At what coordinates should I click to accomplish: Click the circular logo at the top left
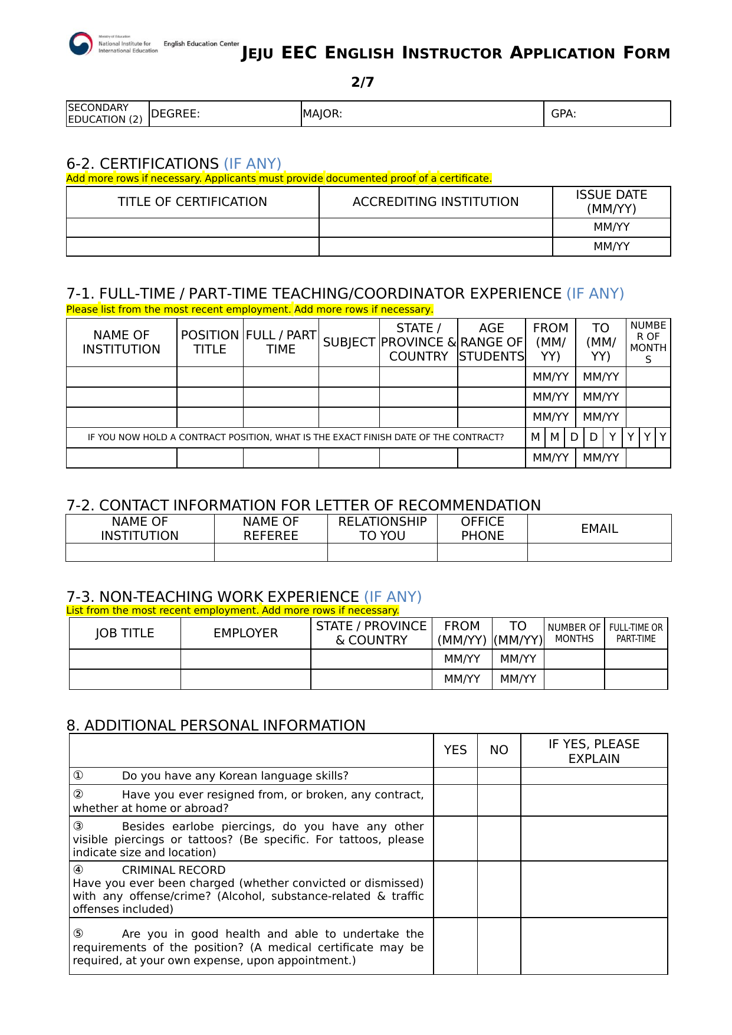pos(81,44)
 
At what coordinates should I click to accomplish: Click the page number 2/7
pos(362,82)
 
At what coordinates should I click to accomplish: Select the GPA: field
pos(607,114)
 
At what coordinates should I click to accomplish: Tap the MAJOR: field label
pos(323,114)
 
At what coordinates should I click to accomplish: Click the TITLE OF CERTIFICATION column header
pos(192,202)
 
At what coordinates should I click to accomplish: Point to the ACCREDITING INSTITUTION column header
pos(435,202)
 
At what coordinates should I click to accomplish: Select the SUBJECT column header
pos(349,342)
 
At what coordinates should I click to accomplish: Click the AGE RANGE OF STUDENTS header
pos(491,342)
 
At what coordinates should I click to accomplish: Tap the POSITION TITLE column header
pos(210,342)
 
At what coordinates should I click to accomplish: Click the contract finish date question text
pos(296,437)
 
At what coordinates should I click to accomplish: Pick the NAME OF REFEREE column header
pos(271,529)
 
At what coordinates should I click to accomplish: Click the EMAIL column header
pos(599,529)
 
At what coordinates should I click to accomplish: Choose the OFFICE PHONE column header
pos(482,529)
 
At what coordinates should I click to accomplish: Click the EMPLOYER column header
pos(245,633)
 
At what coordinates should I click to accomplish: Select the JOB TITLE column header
pos(124,633)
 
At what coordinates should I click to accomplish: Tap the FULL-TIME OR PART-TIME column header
pos(636,633)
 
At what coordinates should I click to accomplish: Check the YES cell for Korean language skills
pos(455,776)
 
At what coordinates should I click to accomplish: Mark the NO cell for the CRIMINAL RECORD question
pos(499,889)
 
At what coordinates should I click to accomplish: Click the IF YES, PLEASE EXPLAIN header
pos(594,751)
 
